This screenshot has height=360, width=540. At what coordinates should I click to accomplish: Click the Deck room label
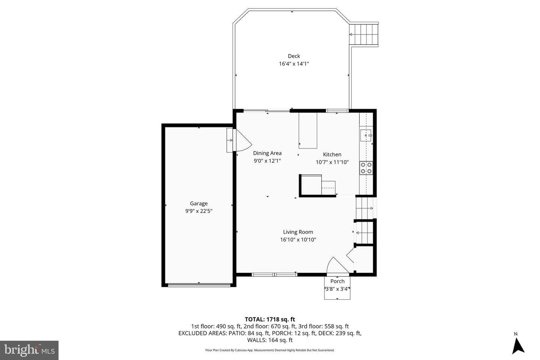294,56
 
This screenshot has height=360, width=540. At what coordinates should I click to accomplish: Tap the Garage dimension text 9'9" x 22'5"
199,211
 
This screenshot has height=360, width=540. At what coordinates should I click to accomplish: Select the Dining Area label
267,153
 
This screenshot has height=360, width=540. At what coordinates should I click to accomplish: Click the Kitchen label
332,154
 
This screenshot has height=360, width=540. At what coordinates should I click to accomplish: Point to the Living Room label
298,232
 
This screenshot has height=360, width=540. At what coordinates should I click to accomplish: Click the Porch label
337,281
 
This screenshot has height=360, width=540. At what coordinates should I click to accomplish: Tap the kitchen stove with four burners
366,168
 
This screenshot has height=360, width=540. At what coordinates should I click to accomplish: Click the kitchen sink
366,135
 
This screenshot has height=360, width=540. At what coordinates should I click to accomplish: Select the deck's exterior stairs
364,34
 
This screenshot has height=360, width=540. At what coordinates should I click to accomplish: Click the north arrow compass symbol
518,345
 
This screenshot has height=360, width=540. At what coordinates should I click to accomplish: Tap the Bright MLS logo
29,350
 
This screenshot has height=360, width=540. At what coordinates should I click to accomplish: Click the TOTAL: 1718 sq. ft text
270,319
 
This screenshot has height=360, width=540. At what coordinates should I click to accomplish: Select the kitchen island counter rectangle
308,130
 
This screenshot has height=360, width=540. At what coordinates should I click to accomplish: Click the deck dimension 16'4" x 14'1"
294,64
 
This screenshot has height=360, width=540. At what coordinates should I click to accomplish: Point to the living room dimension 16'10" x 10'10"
298,240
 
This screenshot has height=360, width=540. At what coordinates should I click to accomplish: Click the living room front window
274,274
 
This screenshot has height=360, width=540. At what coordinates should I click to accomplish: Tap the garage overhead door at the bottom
199,285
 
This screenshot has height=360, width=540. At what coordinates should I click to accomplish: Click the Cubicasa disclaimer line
270,350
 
